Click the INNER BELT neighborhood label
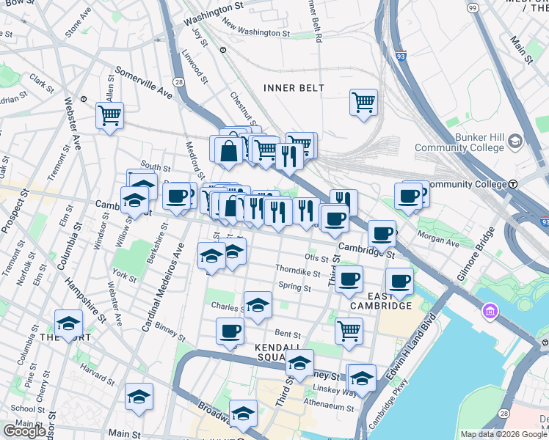point(294,88)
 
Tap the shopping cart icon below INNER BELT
point(363,101)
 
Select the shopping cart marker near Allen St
point(109,114)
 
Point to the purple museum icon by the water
point(490,312)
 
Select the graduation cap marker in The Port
point(68,323)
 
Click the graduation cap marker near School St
point(139,396)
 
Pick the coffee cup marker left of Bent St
point(230,331)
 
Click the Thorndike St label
point(298,272)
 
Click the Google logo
point(24,431)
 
